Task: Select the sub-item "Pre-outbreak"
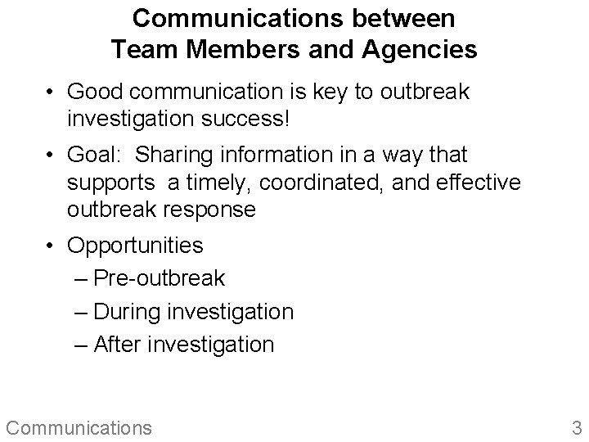(x=159, y=278)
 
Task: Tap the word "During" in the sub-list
(x=131, y=312)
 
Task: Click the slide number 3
(x=576, y=426)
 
